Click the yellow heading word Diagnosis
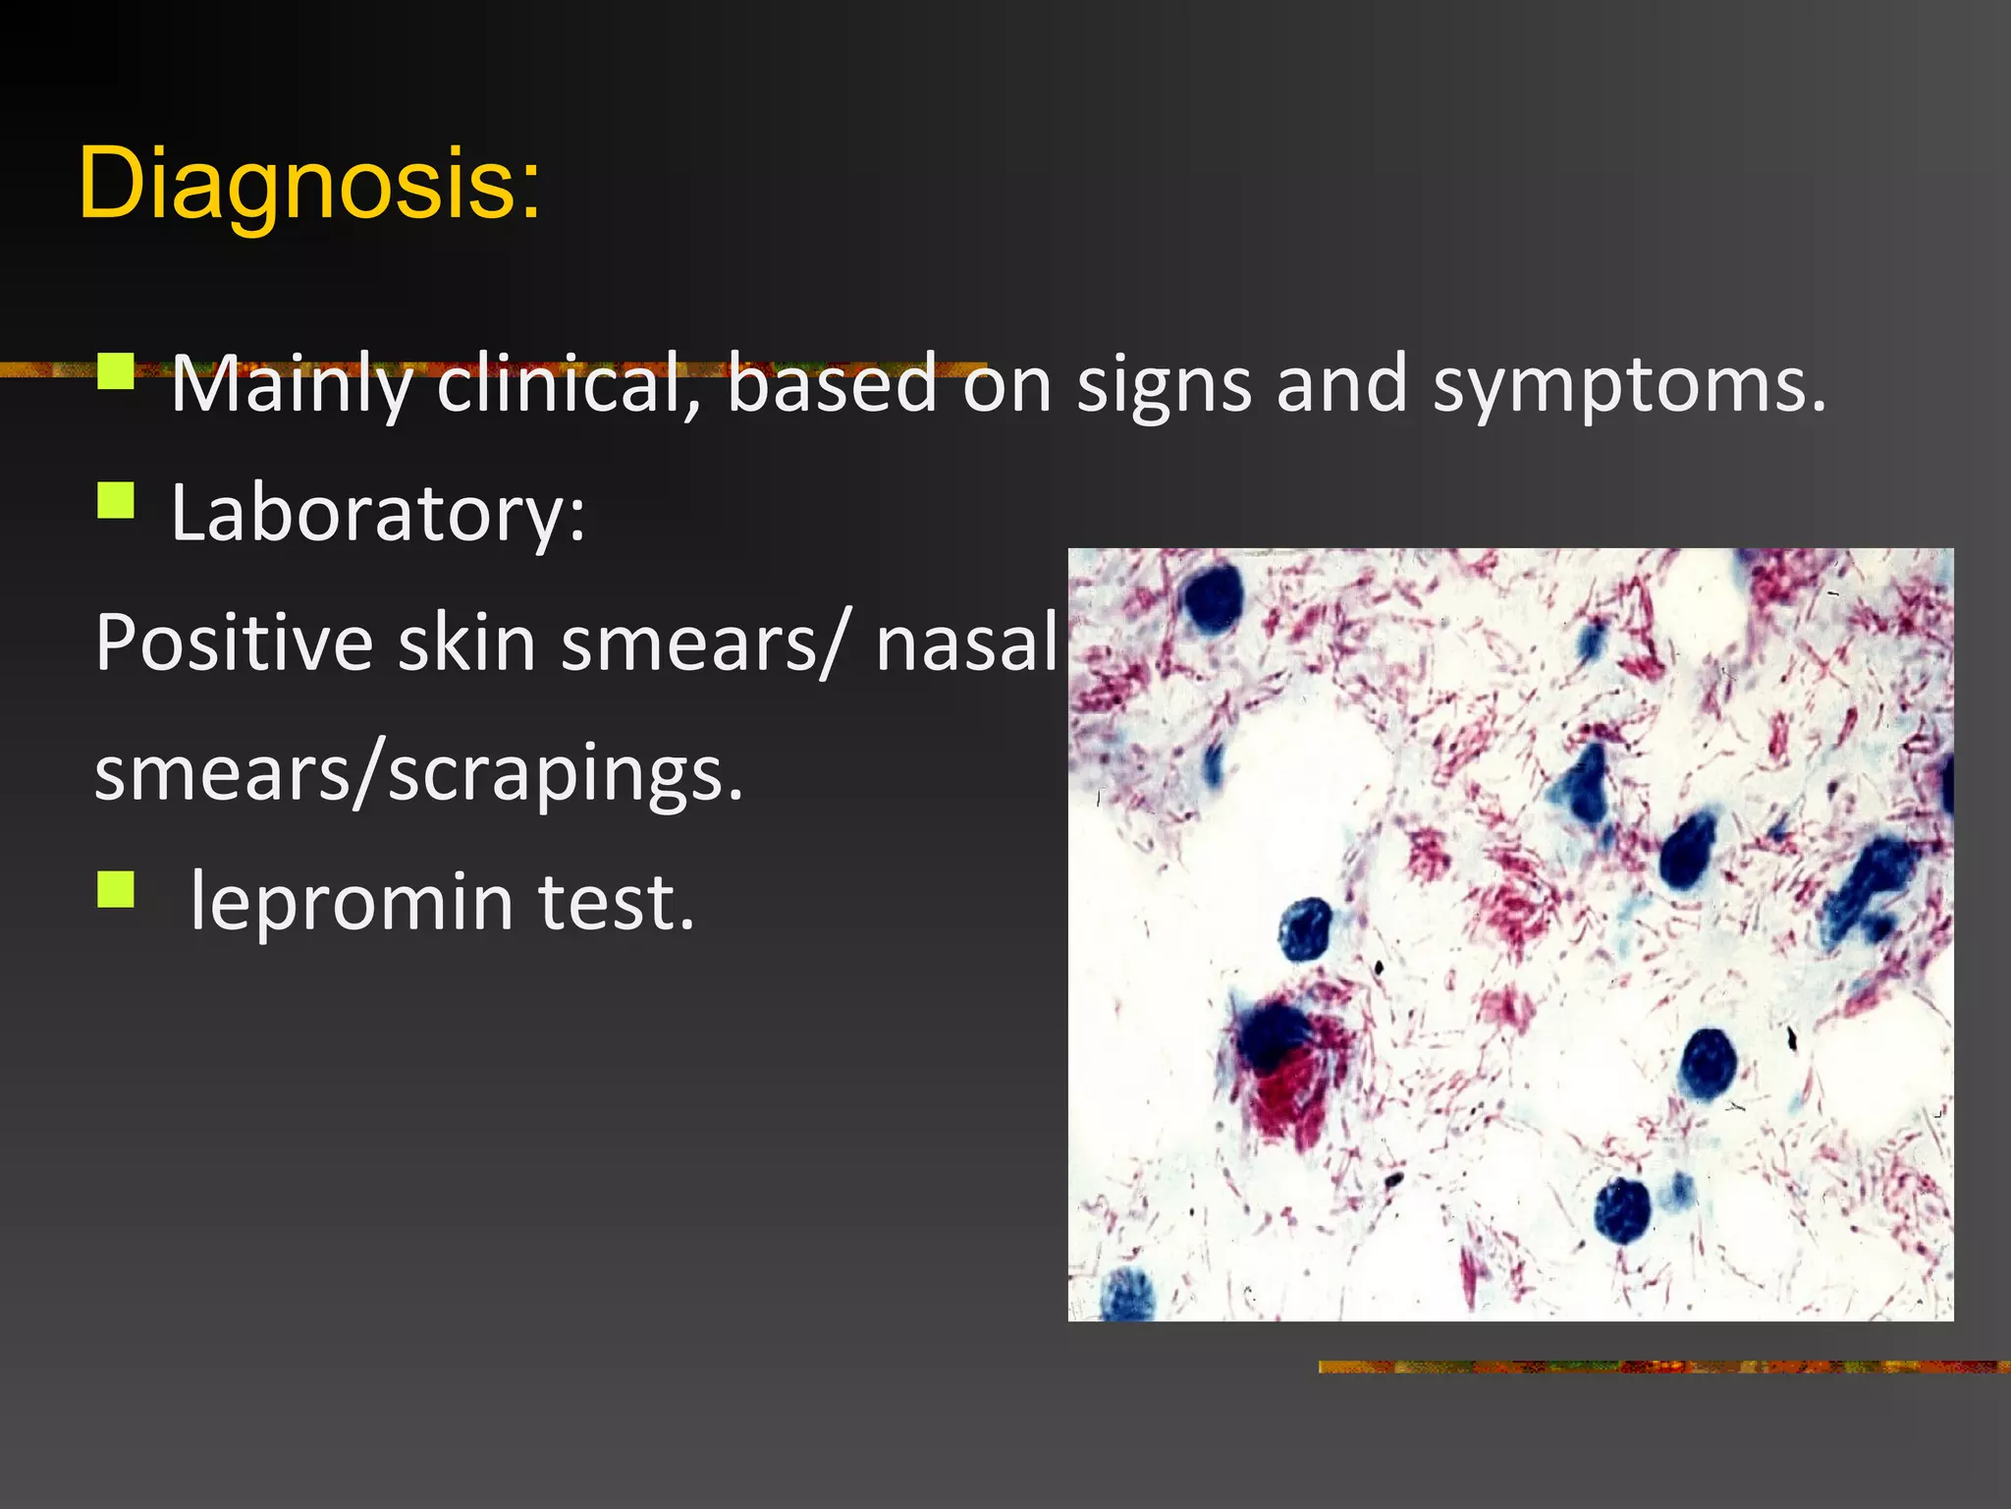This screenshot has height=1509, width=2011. (308, 184)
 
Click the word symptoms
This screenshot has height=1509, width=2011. (1629, 384)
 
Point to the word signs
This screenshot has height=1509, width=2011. (1165, 384)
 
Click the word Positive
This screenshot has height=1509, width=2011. (234, 643)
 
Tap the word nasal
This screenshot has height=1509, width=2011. (966, 643)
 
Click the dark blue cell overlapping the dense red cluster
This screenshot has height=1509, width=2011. (1274, 1036)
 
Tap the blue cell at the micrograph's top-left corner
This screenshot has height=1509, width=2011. (1213, 596)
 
